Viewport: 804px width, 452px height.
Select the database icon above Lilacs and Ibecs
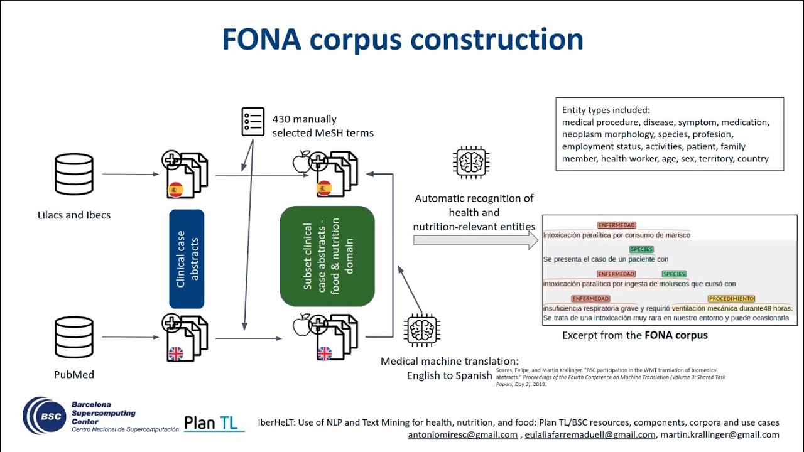pyautogui.click(x=74, y=174)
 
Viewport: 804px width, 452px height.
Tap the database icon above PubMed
pyautogui.click(x=74, y=337)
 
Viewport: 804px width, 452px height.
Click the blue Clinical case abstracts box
pyautogui.click(x=187, y=259)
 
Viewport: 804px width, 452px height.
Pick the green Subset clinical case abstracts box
pyautogui.click(x=327, y=256)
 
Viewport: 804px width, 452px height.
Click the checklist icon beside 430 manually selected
pyautogui.click(x=253, y=122)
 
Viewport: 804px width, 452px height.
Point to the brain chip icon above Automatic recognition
pyautogui.click(x=470, y=162)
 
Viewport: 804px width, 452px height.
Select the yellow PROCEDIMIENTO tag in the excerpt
pyautogui.click(x=731, y=299)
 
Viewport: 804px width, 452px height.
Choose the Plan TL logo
pyautogui.click(x=214, y=423)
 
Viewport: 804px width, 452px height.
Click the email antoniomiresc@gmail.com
pyautogui.click(x=463, y=434)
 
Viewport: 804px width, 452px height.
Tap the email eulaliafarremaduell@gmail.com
pyautogui.click(x=590, y=434)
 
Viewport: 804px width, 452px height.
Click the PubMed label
pyautogui.click(x=74, y=375)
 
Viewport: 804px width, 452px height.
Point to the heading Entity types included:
pyautogui.click(x=606, y=110)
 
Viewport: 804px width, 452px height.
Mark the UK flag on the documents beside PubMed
pyautogui.click(x=176, y=353)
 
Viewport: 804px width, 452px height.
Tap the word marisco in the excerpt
pyautogui.click(x=675, y=235)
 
